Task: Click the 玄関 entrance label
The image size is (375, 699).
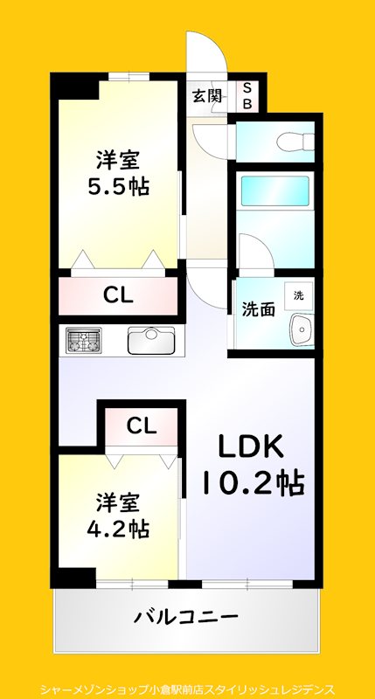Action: [207, 95]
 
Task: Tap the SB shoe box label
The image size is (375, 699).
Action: [247, 95]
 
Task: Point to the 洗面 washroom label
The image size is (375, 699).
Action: [259, 308]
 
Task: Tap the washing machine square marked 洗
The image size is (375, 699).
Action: [298, 295]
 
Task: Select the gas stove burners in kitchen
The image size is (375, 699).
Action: [82, 340]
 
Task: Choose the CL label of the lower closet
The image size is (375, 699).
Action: [141, 426]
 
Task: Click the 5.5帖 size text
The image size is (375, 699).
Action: [117, 187]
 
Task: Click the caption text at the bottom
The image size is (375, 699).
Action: [187, 689]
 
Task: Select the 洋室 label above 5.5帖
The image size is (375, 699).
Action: [117, 161]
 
